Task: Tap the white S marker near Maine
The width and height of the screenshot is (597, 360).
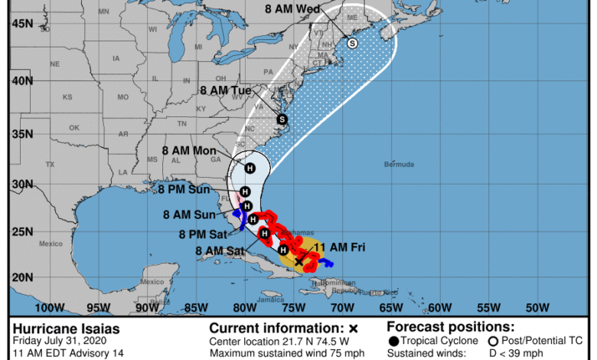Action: tap(352, 44)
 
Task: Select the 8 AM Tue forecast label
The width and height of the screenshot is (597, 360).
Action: tap(226, 90)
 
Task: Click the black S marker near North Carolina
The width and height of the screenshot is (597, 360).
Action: tap(282, 119)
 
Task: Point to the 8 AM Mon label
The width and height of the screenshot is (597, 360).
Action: tap(189, 151)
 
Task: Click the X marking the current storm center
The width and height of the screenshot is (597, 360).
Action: tap(298, 261)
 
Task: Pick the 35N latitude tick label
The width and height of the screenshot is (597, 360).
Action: tap(21, 133)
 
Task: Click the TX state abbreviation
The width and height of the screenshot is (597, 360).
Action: tap(51, 165)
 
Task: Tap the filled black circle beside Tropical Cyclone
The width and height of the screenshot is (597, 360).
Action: tap(393, 340)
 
